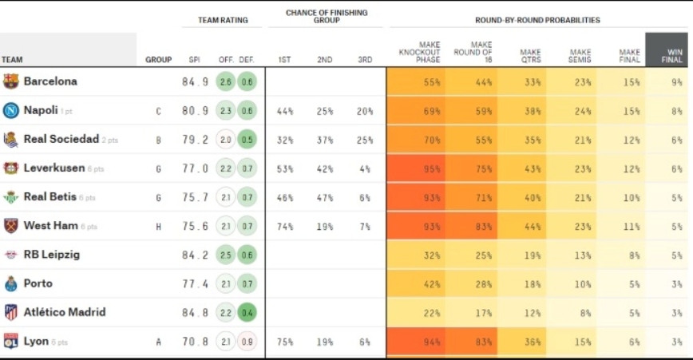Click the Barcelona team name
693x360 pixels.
[50, 81]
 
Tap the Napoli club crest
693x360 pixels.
[11, 110]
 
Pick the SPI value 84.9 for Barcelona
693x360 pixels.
[195, 81]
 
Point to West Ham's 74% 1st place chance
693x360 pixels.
[284, 226]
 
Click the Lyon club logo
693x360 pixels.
[11, 341]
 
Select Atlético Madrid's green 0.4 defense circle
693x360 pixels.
[247, 312]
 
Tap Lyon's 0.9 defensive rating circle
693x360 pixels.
[247, 342]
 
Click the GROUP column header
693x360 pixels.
[158, 60]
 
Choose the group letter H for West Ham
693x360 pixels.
[158, 227]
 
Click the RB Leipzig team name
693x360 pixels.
[52, 255]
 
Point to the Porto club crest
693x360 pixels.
[11, 283]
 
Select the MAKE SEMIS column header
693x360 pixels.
[580, 55]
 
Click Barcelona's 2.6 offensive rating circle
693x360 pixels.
[226, 81]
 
